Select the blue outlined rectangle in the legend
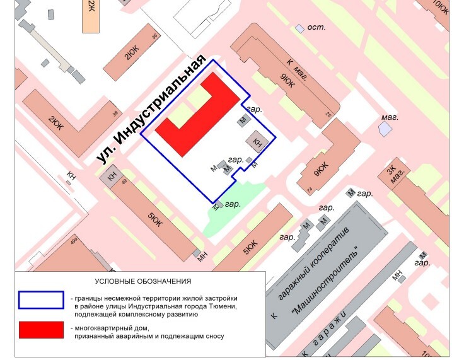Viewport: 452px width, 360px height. pos(41,300)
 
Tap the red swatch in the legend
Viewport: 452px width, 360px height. pos(41,330)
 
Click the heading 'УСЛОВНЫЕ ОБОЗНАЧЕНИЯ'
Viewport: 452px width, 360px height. pos(142,281)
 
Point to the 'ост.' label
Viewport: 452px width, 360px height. pos(315,28)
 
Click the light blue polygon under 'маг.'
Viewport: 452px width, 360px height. pos(384,129)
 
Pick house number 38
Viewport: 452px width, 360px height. pos(115,114)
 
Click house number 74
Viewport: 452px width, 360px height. pos(309,190)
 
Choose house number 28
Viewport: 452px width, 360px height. pos(328,115)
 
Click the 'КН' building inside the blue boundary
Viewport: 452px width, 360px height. pos(257,141)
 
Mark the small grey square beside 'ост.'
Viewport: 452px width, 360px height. pos(299,28)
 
